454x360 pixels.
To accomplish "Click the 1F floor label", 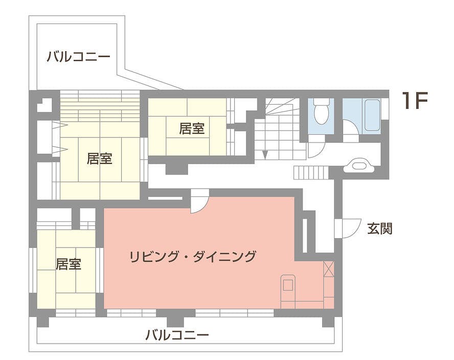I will click(414, 101).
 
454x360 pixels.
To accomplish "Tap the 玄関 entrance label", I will click(379, 229).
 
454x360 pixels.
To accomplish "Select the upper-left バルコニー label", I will click(78, 56).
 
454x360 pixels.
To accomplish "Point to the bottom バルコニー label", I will click(177, 336).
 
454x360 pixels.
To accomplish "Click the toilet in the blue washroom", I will click(321, 112).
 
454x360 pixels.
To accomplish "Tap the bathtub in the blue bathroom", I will click(372, 115).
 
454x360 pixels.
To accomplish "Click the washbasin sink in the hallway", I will click(361, 165).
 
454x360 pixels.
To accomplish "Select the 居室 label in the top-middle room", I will click(192, 128).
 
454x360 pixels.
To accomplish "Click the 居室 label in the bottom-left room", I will click(69, 264).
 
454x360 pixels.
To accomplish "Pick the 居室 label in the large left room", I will click(99, 159).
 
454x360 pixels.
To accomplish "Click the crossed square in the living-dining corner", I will click(329, 269).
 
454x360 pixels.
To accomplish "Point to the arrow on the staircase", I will click(264, 154).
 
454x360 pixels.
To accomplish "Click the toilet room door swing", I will click(316, 149).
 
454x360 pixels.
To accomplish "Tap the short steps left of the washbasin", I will click(310, 172).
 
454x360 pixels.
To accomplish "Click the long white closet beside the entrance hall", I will click(305, 236).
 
